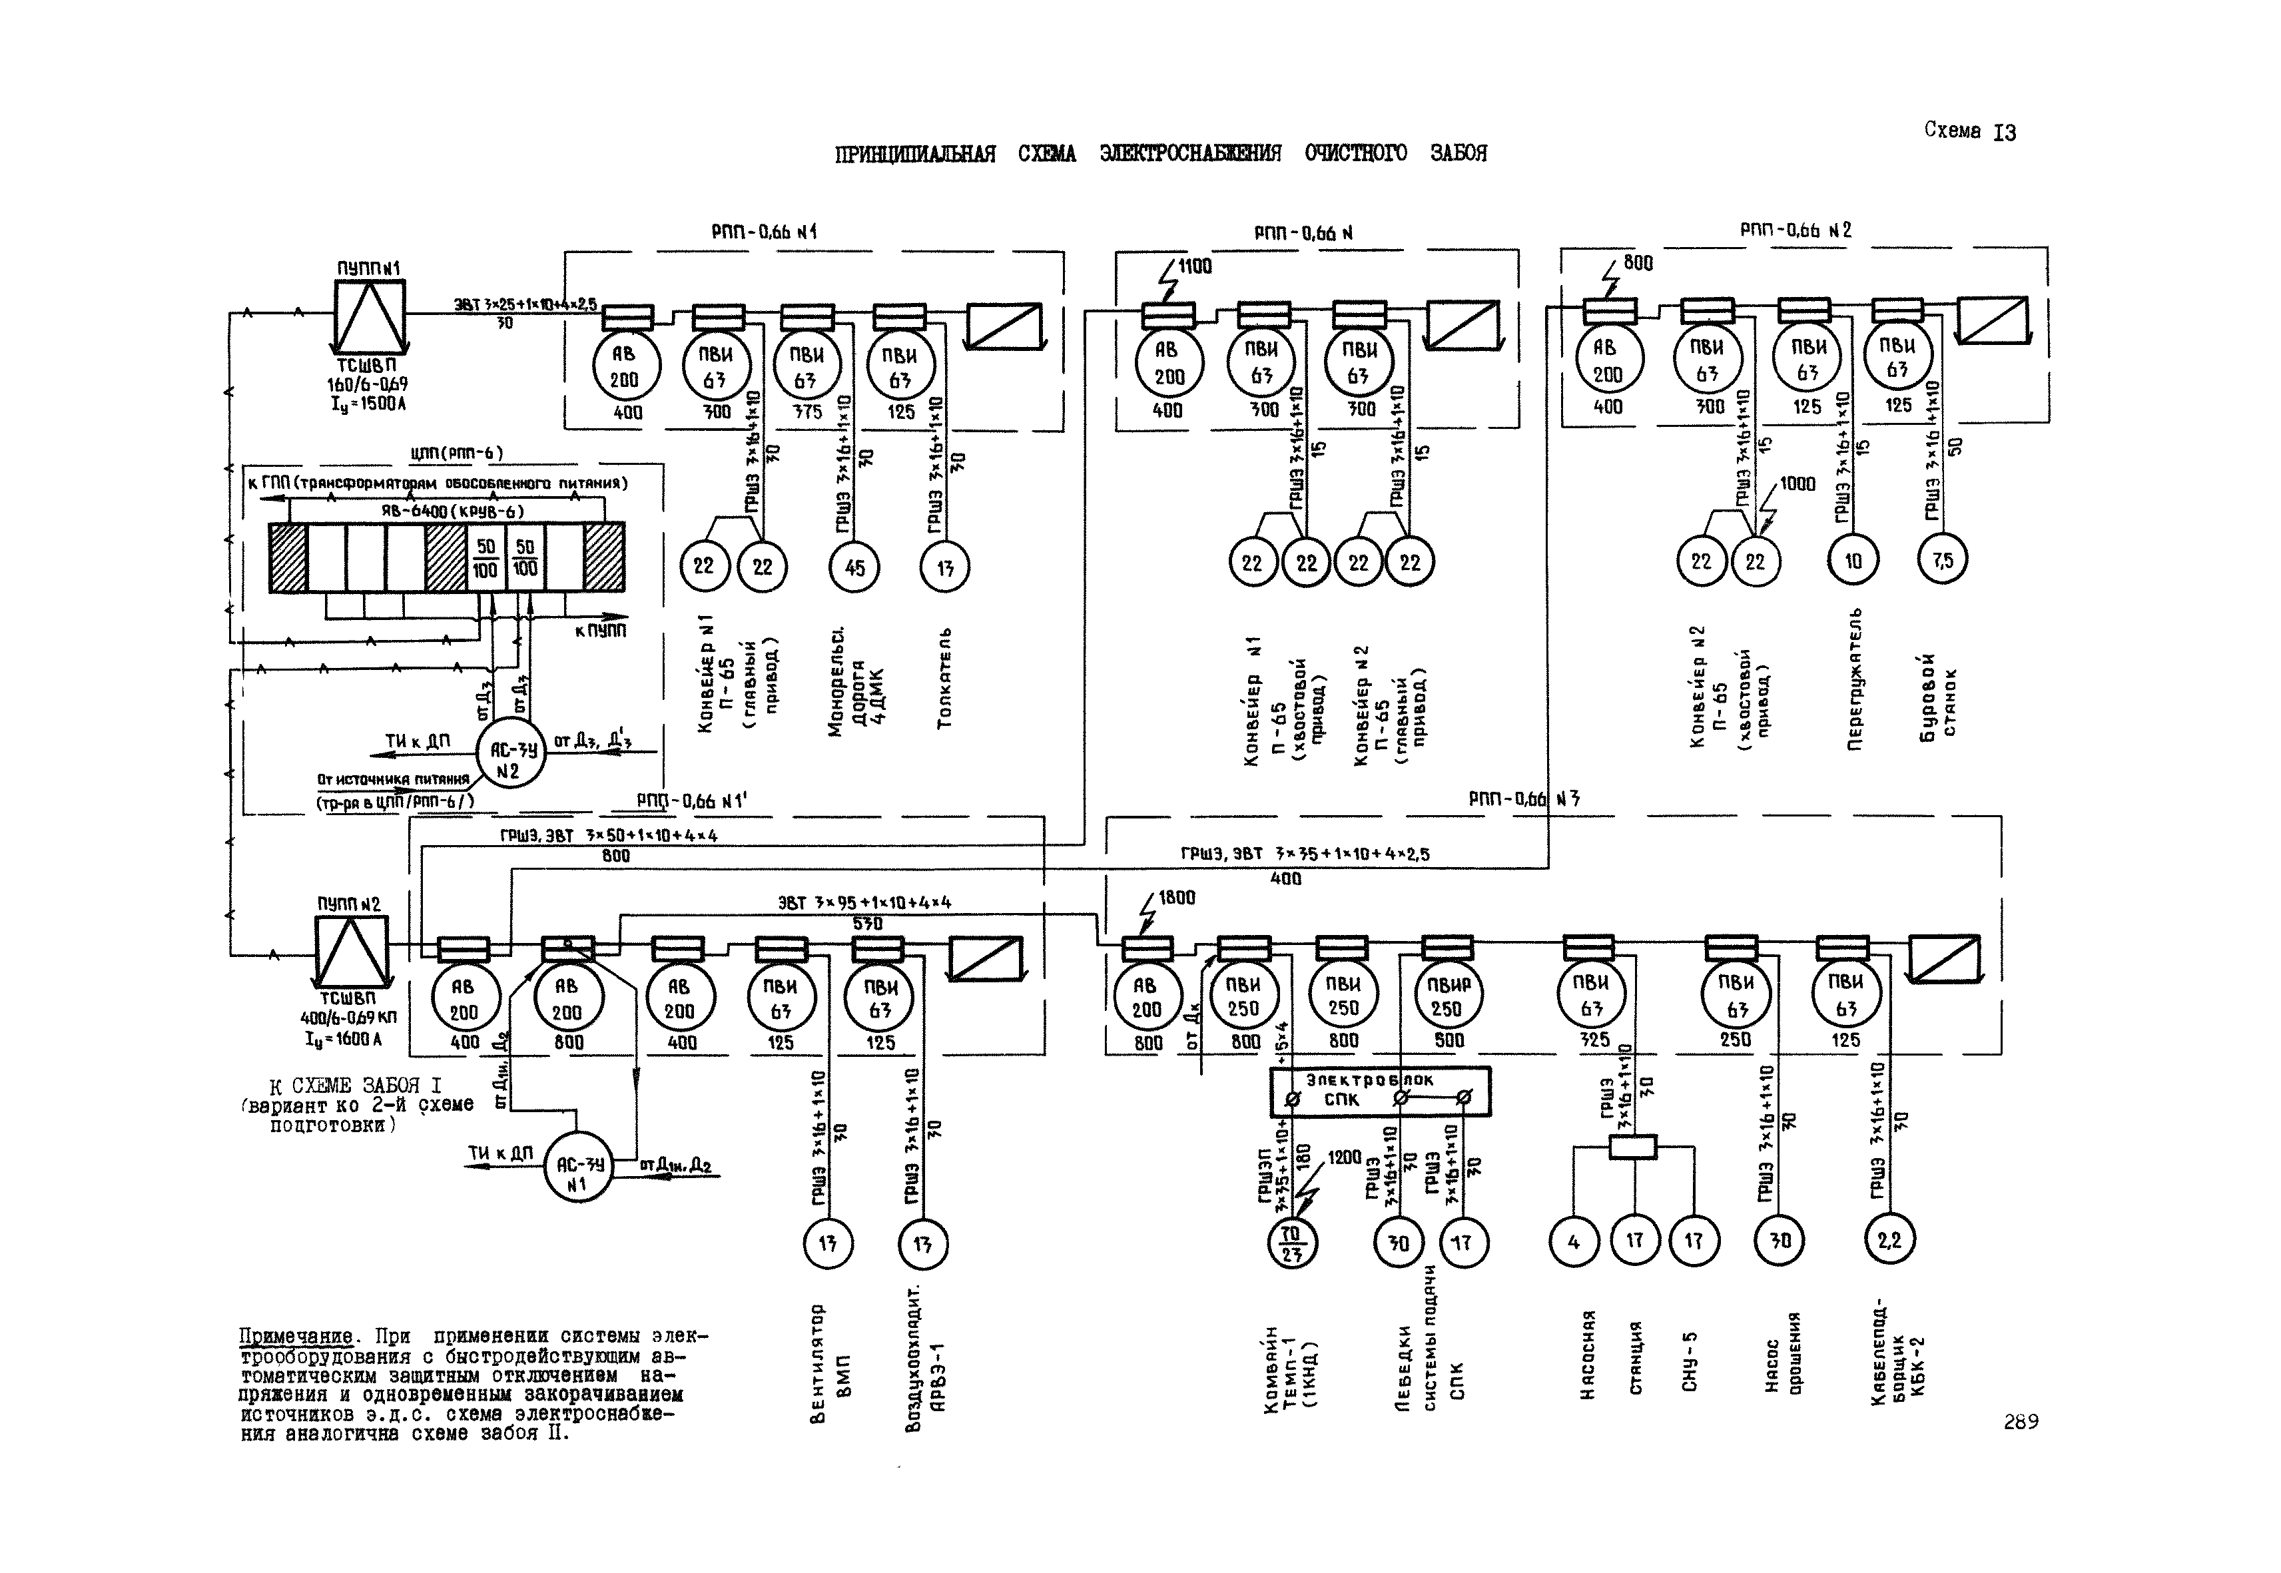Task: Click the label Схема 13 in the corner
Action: point(1969,131)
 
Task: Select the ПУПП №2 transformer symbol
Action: point(351,949)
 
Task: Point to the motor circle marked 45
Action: point(854,567)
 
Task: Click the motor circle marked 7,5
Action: point(1941,561)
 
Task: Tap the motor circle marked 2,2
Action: point(1889,1241)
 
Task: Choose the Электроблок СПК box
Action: point(1380,1091)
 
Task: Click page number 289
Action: point(2020,1422)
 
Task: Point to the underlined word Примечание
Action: point(296,1337)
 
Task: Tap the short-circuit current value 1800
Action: point(1176,898)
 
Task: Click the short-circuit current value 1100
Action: point(1193,266)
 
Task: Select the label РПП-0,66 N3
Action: point(1524,799)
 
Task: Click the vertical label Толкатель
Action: point(944,678)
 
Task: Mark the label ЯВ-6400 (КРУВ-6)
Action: point(452,511)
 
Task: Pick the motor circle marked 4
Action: point(1573,1242)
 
